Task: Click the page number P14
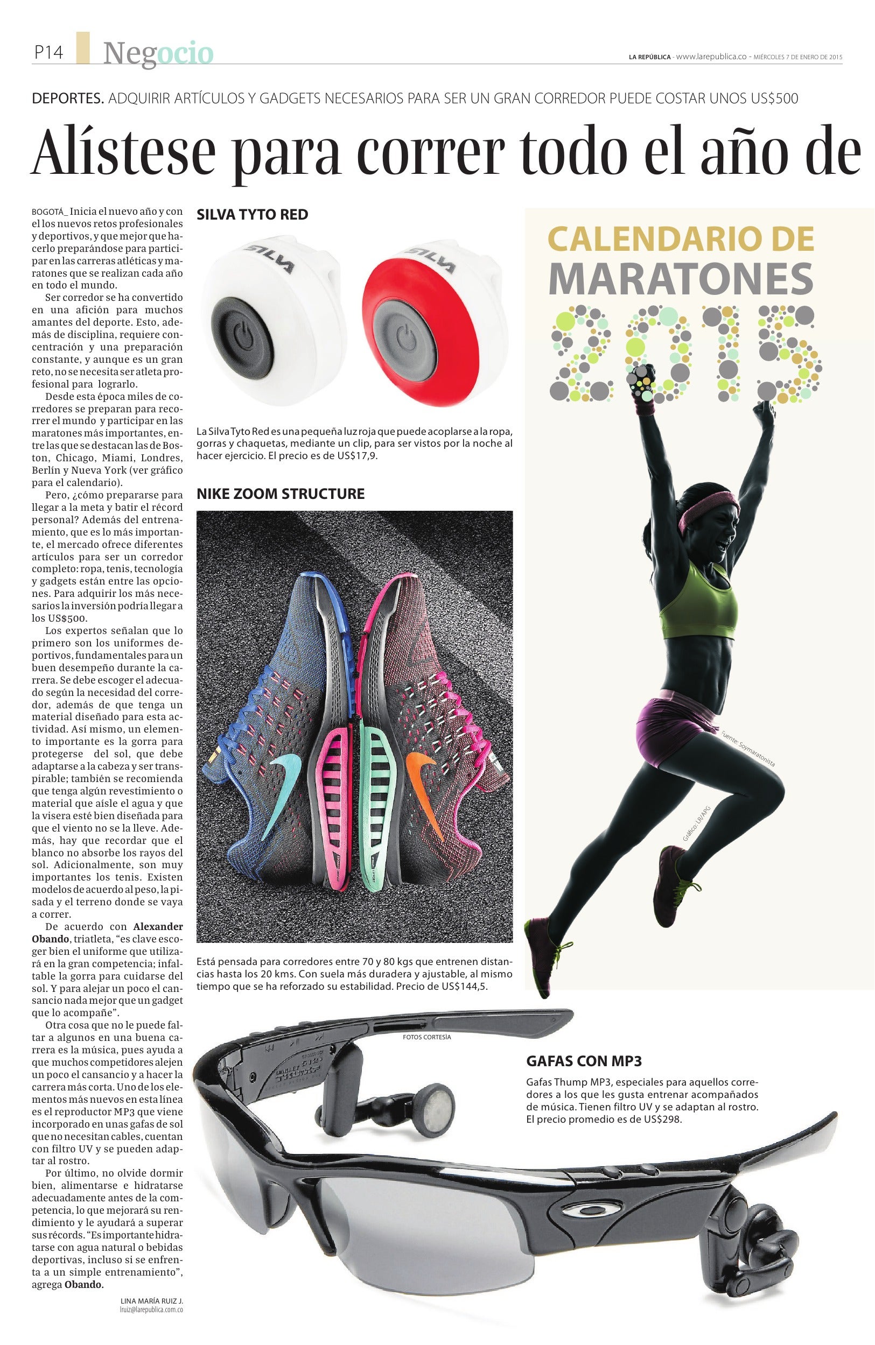coord(48,53)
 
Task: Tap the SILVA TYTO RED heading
coord(252,215)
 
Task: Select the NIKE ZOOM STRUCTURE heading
coord(281,494)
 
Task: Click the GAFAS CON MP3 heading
coord(584,1061)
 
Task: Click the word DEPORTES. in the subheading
coord(68,99)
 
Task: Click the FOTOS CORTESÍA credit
coord(427,1037)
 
